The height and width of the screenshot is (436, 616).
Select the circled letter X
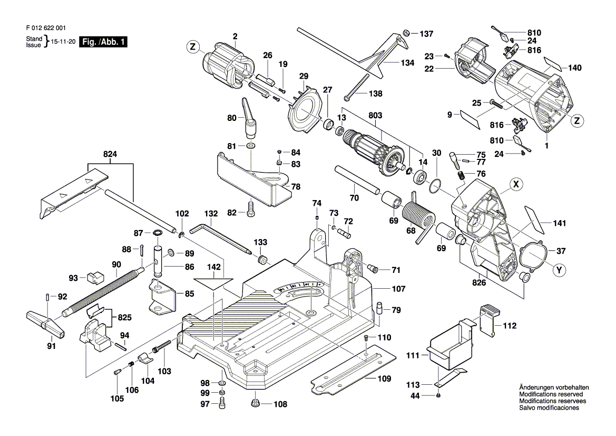tap(516, 185)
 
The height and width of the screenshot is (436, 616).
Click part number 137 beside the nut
tap(426, 34)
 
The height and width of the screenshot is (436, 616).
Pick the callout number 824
tap(110, 155)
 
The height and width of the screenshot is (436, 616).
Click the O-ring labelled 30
tap(435, 185)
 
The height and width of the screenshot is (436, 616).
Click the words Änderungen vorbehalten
tap(554, 387)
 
